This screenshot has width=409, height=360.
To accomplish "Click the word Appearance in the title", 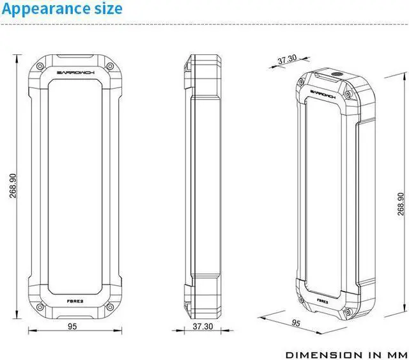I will coord(45,9).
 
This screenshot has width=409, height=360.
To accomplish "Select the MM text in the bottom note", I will coord(393,354).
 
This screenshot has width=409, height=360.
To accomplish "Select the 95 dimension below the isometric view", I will coord(296,324).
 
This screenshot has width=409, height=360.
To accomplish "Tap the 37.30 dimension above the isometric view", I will coord(287,59).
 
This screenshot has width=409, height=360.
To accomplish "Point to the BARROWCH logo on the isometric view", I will coord(325,92).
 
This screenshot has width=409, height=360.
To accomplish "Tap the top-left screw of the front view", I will coord(40,67).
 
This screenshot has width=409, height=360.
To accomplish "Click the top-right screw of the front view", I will coord(109,67).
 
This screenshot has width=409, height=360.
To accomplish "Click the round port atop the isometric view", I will coord(334,75).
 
